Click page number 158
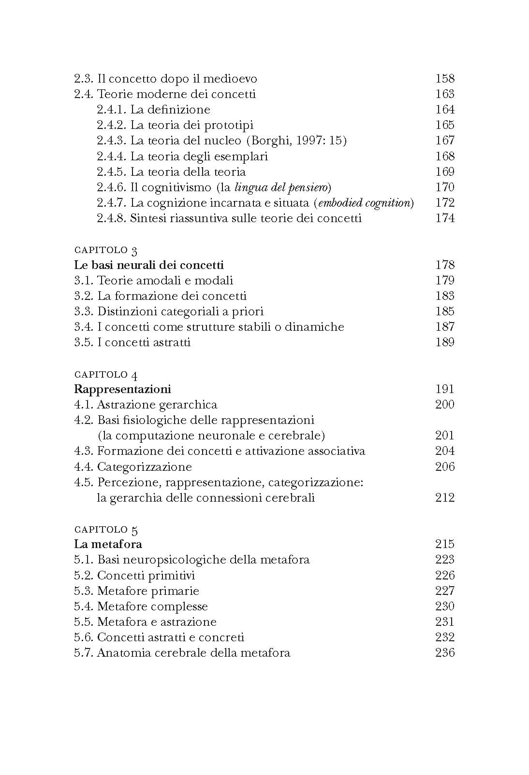point(445,78)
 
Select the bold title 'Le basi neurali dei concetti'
point(149,265)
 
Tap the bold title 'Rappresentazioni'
point(122,389)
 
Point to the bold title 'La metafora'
point(108,544)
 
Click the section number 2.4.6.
point(112,187)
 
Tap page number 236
point(445,653)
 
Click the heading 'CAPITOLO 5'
point(106,530)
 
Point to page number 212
point(445,497)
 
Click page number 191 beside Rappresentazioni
point(445,389)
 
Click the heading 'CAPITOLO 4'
point(106,375)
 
